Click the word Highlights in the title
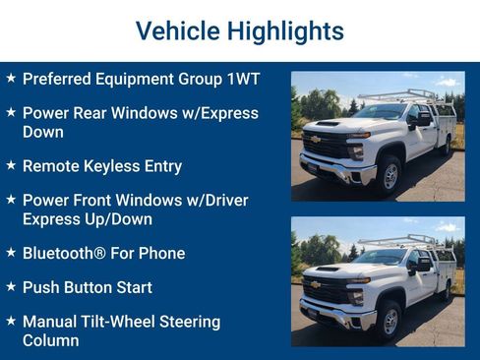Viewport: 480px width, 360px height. pyautogui.click(x=285, y=30)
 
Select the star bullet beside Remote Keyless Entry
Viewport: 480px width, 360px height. pyautogui.click(x=11, y=166)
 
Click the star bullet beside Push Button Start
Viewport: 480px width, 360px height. pyautogui.click(x=11, y=287)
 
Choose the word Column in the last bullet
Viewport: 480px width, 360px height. pyautogui.click(x=51, y=340)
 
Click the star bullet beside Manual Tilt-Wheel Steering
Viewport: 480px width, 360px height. pyautogui.click(x=11, y=322)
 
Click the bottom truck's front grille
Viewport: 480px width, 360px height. pyautogui.click(x=326, y=293)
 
